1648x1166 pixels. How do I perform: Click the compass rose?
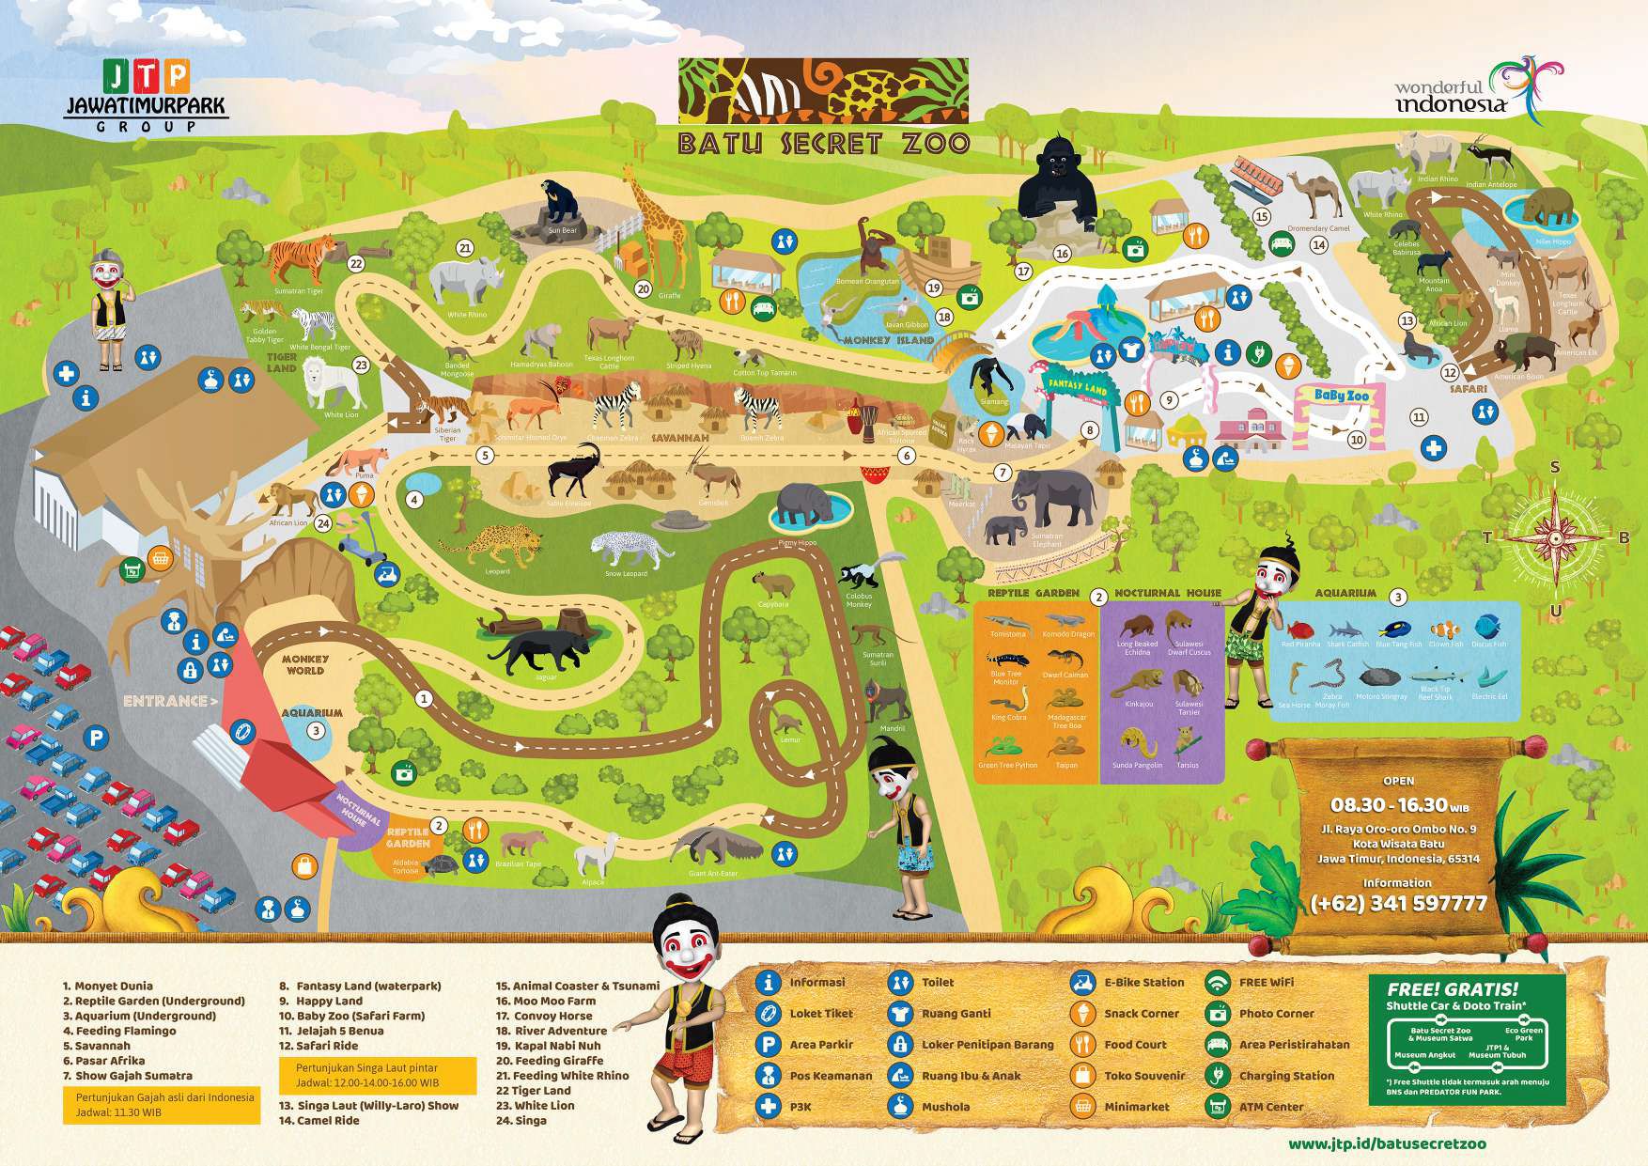(1555, 537)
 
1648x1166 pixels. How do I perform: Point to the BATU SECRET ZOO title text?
(823, 143)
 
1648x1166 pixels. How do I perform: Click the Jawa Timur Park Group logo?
(146, 94)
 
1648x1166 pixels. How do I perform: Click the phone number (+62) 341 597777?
(1398, 903)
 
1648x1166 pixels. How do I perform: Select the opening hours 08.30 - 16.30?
(1398, 805)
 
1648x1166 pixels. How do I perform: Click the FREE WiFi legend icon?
(1218, 983)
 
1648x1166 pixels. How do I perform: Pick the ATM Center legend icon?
(1218, 1107)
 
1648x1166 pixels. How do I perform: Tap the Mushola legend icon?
(900, 1107)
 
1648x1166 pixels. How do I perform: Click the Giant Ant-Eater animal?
(719, 846)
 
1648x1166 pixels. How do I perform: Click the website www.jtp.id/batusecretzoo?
(1387, 1144)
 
